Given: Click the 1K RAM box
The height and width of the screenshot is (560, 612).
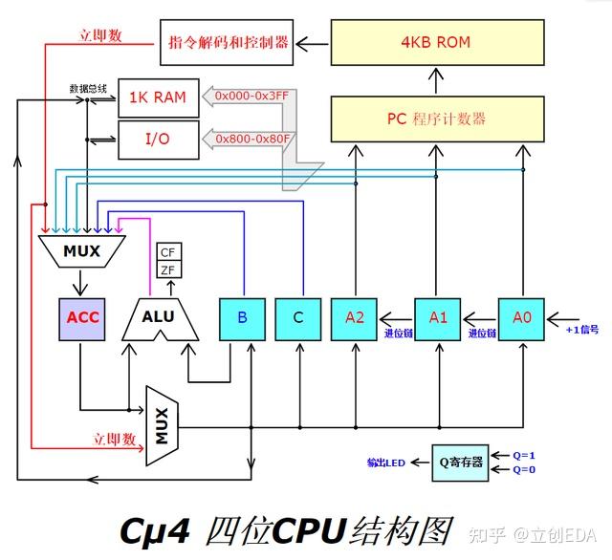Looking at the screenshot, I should (x=158, y=97).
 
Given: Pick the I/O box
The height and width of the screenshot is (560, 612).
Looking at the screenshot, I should (x=158, y=140).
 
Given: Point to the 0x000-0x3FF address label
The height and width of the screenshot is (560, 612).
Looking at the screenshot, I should (x=252, y=97).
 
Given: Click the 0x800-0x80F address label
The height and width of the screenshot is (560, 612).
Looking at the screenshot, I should (x=252, y=140).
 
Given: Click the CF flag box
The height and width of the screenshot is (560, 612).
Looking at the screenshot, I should (x=168, y=252).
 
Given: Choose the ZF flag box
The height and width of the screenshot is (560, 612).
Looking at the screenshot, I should (x=168, y=270).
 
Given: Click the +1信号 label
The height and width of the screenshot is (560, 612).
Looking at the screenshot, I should (x=581, y=330).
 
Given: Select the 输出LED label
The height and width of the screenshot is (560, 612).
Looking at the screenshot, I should (x=385, y=463).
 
